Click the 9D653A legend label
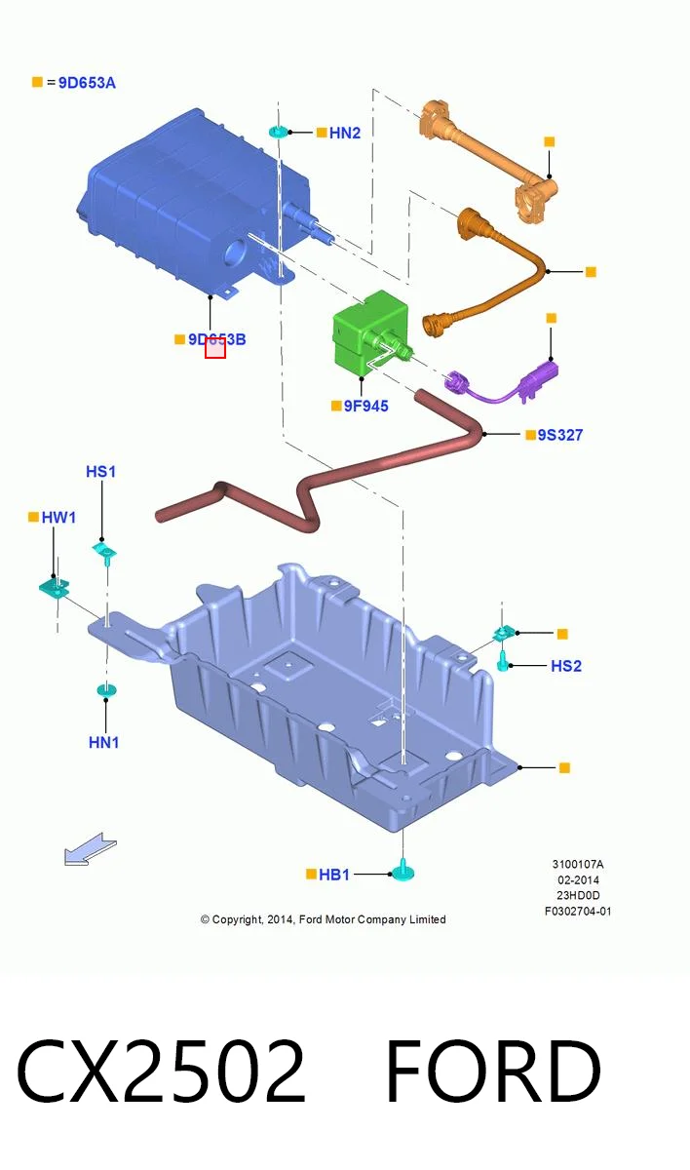(87, 83)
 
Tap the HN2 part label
(344, 133)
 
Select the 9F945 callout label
(365, 406)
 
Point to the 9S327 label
(560, 435)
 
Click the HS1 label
(100, 471)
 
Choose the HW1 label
(58, 517)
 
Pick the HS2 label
(566, 665)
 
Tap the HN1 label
(104, 742)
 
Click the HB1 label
(334, 874)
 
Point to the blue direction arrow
(90, 849)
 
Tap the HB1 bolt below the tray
(402, 870)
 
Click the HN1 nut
(106, 690)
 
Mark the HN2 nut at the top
(279, 132)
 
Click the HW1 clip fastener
(55, 588)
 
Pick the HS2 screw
(503, 661)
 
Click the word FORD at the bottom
(493, 1072)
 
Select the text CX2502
(161, 1072)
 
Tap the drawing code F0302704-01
(578, 912)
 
